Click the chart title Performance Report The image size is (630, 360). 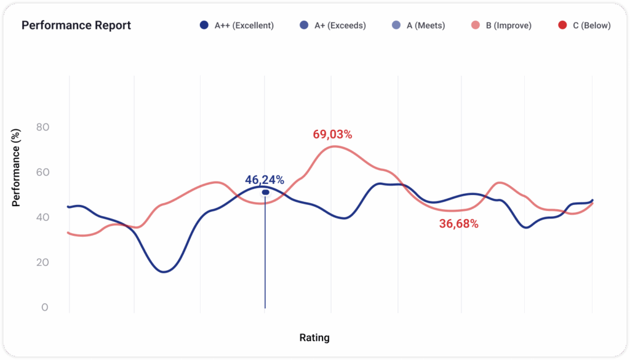76,26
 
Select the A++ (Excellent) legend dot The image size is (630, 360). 204,26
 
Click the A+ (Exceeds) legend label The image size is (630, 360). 340,26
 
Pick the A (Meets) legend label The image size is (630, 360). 425,26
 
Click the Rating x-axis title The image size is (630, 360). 314,338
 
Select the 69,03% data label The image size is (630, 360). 332,135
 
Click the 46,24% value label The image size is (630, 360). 265,180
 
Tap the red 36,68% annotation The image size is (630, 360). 458,225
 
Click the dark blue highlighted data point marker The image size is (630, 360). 265,193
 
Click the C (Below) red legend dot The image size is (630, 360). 562,26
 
